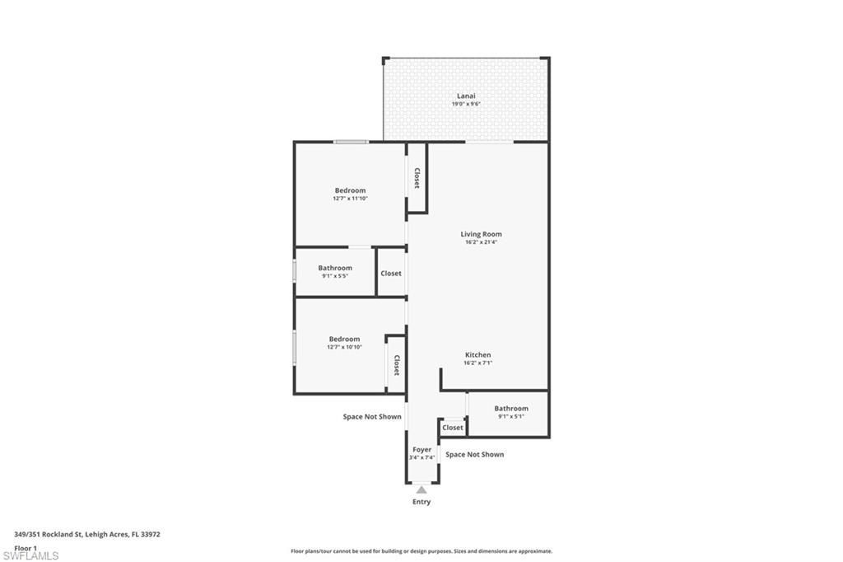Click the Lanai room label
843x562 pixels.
[x=466, y=96]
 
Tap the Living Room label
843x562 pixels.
[x=481, y=234]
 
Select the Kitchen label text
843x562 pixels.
[x=477, y=355]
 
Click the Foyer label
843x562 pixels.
[x=421, y=450]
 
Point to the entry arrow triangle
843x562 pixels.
[x=421, y=489]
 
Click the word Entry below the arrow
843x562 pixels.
[x=421, y=502]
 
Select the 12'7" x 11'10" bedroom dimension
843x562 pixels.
[x=350, y=199]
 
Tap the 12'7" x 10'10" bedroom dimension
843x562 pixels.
[x=344, y=347]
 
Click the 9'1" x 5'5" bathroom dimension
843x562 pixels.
[x=335, y=276]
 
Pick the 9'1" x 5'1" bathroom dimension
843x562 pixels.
[x=511, y=416]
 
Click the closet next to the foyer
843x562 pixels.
[x=453, y=428]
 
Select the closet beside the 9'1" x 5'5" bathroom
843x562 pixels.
[x=391, y=273]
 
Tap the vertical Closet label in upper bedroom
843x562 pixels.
[x=417, y=178]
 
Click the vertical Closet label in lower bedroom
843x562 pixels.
[x=396, y=365]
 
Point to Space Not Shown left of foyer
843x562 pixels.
[x=372, y=417]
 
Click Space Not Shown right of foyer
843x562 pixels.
[x=474, y=454]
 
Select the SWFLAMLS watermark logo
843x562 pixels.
[x=30, y=555]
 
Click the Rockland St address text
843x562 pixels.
[x=87, y=534]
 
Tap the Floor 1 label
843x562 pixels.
[x=26, y=547]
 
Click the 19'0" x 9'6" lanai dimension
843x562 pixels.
[x=466, y=104]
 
